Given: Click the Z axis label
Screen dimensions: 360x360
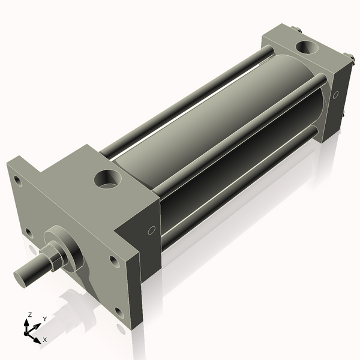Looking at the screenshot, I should pos(31,314).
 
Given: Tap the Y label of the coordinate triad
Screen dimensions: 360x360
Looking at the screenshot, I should pos(44,319).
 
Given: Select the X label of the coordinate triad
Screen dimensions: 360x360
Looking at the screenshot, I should pos(44,340).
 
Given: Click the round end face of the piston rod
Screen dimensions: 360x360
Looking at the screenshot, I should pos(22,276).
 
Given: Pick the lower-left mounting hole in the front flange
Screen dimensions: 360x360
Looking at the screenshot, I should pos(28,231).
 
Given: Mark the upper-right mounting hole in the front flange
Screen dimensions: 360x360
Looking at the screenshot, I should pos(113,260).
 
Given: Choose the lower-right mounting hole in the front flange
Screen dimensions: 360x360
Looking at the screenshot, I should pos(119,311).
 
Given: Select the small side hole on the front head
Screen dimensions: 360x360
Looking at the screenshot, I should pos(151,230).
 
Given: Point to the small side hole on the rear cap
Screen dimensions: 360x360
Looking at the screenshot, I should pos(336,94).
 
